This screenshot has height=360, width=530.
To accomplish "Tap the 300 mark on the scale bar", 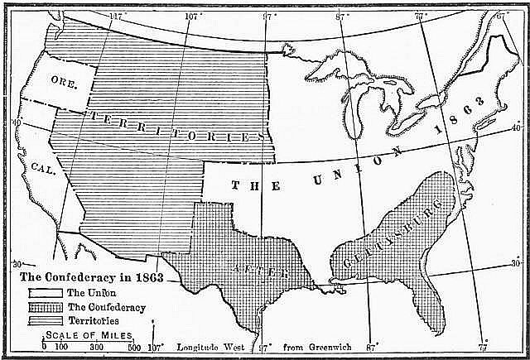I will click(95, 347).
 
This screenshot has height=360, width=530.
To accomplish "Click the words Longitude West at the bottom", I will click(206, 347).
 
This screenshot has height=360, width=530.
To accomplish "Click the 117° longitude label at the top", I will click(117, 17).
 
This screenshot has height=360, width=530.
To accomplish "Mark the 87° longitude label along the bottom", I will click(372, 347).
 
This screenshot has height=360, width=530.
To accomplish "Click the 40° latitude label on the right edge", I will click(517, 128).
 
